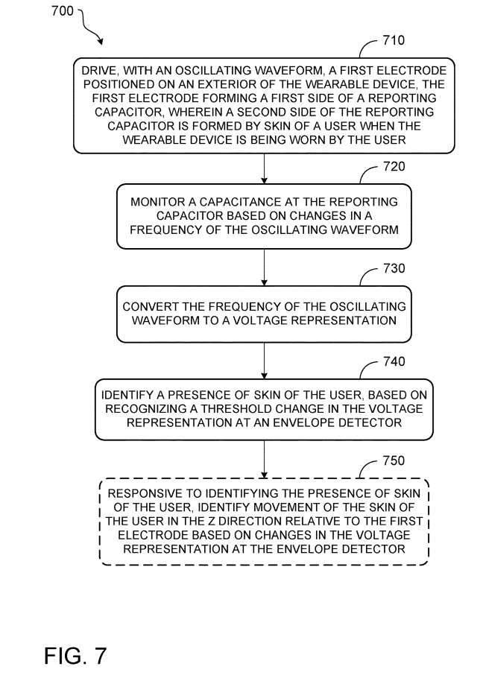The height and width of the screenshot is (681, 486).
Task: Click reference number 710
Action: pos(394,40)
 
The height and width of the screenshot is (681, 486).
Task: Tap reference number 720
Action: pos(394,167)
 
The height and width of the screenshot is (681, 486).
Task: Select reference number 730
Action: pos(394,268)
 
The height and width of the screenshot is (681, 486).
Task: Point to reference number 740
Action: pos(394,362)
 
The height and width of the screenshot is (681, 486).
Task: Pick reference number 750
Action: pos(394,460)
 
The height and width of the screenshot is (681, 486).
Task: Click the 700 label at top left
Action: pos(63,11)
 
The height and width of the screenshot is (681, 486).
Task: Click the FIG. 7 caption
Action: pos(75,656)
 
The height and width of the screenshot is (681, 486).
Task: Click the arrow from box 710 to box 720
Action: pos(264,168)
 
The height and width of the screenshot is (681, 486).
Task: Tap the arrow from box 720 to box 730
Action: pos(264,267)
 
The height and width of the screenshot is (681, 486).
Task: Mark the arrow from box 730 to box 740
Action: pos(264,361)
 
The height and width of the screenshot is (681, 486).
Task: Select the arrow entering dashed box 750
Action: pos(264,460)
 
